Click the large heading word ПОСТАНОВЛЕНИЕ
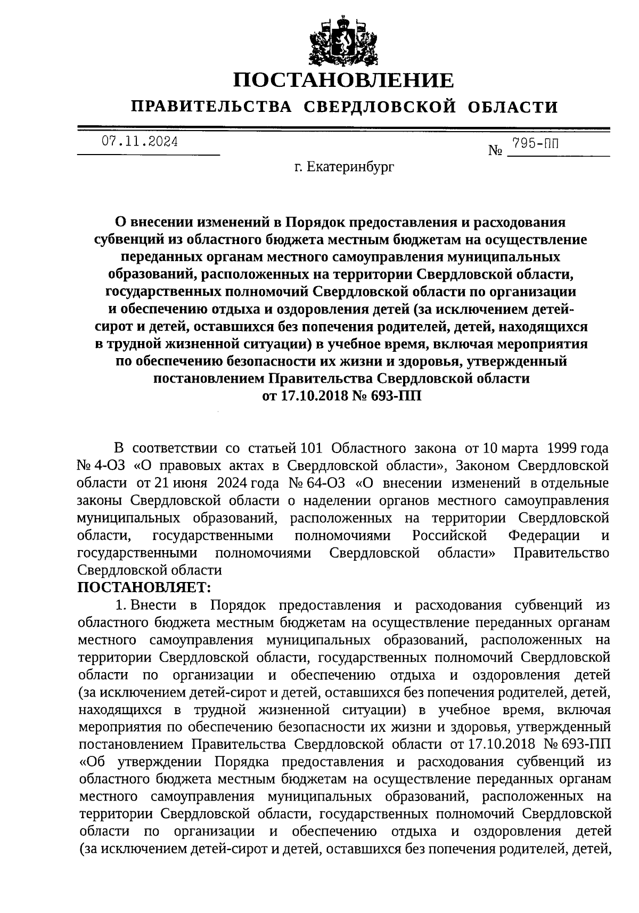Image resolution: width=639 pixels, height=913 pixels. (344, 80)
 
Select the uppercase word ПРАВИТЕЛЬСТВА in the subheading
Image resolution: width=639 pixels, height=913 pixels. (212, 107)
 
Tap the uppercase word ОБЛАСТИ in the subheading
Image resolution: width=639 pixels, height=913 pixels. (513, 107)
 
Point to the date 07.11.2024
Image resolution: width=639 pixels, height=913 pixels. (140, 142)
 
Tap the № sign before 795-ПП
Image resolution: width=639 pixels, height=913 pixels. (495, 151)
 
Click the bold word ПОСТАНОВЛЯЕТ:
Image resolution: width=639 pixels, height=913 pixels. (145, 587)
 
